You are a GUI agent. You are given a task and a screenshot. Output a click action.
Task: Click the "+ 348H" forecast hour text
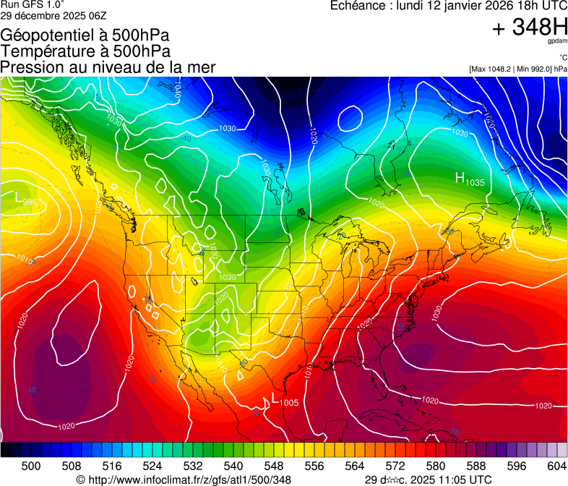[x=529, y=28]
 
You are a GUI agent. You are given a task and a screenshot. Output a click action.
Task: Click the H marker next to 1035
[x=460, y=178]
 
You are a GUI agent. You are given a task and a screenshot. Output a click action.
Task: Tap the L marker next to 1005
[x=275, y=398]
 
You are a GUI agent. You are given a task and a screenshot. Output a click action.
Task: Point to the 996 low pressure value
[x=30, y=202]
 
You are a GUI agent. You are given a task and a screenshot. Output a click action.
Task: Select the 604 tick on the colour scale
[x=556, y=466]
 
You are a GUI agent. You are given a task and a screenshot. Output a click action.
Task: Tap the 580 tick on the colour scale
[x=435, y=466]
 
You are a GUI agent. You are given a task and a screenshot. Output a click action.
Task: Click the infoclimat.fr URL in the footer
[x=184, y=479]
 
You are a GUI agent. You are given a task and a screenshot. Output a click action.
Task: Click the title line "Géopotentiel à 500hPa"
[x=85, y=35]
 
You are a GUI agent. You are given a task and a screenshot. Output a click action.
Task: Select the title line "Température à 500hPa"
[x=85, y=51]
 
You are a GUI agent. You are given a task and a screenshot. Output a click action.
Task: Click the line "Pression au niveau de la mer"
[x=108, y=67]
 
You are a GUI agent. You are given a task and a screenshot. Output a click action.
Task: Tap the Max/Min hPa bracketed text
[x=517, y=69]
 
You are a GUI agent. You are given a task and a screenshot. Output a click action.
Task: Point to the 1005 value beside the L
[x=288, y=402]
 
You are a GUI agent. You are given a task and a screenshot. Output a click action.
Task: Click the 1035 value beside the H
[x=475, y=183]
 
